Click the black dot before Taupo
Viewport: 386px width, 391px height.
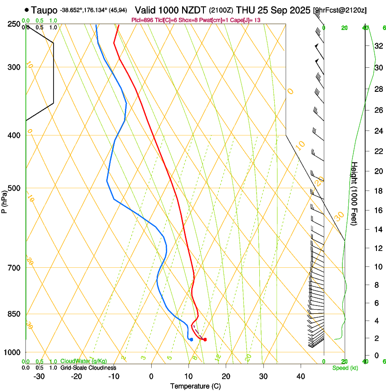[x=27, y=9]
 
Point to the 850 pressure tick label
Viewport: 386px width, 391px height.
[x=15, y=314]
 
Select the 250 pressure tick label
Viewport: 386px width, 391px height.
[x=15, y=24]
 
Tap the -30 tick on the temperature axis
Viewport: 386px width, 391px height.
[x=39, y=376]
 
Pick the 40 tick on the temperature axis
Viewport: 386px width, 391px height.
[x=301, y=376]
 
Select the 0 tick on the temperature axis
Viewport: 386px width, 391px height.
[x=152, y=376]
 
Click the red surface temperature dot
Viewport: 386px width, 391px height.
[x=205, y=340]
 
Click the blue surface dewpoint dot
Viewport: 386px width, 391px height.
[x=191, y=340]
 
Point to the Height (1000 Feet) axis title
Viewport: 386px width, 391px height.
[x=355, y=193]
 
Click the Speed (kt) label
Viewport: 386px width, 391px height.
[x=345, y=368]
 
